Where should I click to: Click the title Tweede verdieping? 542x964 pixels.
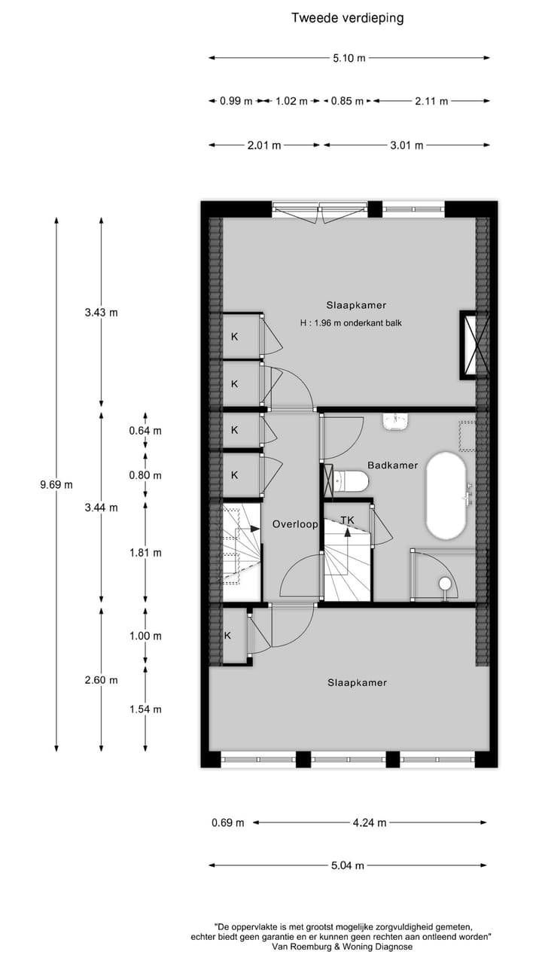pos(348,18)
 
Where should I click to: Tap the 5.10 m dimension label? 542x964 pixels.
pos(349,58)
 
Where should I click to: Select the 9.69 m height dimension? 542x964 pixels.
pos(56,485)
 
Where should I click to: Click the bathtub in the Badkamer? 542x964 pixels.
pos(446,495)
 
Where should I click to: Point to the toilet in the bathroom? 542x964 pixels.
pos(350,480)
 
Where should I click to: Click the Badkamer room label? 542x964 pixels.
pos(392,465)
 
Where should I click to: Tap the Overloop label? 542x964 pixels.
pos(295,524)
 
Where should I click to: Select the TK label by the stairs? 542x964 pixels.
pos(347,520)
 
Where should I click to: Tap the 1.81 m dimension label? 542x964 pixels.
pos(146,553)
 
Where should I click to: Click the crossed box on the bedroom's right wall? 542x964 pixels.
pos(469,345)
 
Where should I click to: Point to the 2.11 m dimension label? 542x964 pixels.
pos(431,101)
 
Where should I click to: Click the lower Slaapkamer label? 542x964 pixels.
pos(357,683)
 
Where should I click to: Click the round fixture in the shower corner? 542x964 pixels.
pos(445,584)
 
